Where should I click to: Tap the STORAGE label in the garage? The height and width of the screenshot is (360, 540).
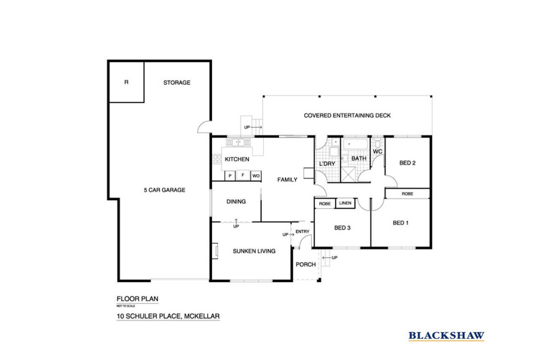tap(176, 83)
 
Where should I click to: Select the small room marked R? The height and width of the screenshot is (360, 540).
tap(126, 83)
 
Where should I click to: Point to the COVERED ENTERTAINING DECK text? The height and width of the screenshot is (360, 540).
tap(347, 115)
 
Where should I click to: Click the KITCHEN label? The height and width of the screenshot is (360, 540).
tap(237, 160)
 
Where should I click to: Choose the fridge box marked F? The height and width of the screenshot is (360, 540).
tap(243, 176)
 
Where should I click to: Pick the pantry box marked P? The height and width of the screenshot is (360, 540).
tap(230, 176)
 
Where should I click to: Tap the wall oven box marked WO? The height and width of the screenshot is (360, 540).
tap(255, 176)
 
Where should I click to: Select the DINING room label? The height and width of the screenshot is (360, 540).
tap(235, 202)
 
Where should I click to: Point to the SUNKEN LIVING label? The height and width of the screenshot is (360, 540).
tap(254, 251)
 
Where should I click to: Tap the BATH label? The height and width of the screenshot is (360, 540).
tap(359, 158)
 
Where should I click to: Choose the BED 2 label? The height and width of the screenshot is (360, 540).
tap(407, 163)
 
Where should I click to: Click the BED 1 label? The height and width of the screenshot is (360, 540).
tap(401, 223)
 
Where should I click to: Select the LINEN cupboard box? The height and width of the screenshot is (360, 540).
tap(345, 204)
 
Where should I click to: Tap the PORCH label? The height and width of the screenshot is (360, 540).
tap(305, 265)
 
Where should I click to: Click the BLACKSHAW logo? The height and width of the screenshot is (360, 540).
tap(446, 335)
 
